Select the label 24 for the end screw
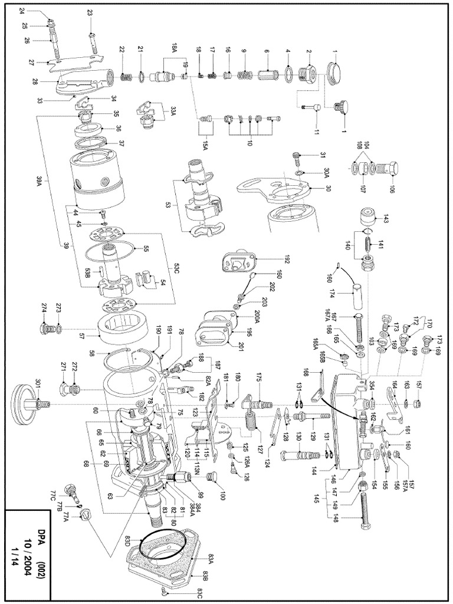(22, 11)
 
